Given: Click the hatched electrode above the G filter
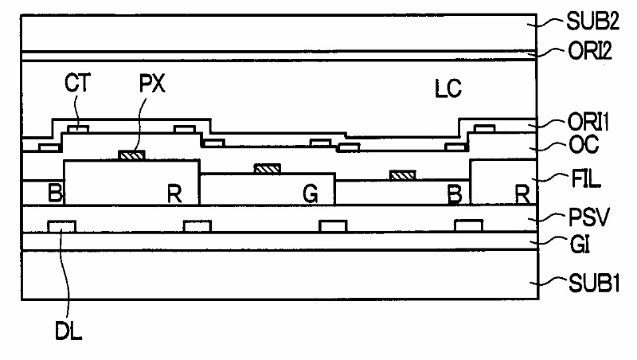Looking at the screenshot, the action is [268, 168].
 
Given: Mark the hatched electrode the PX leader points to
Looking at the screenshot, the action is [132, 155].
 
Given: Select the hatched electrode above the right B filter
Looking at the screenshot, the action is [403, 175].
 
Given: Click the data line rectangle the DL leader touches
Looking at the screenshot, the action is [62, 226].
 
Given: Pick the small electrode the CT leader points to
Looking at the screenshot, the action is [77, 127].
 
